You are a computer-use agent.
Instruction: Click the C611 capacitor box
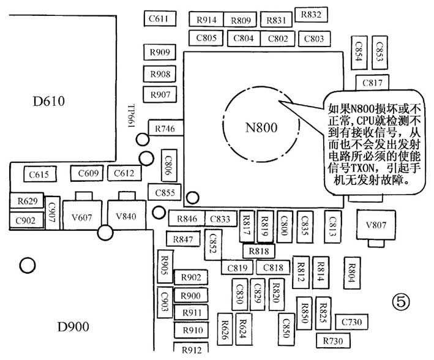[x=160, y=18]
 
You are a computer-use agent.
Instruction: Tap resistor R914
[x=206, y=20]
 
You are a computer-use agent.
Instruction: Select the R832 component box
[x=311, y=15]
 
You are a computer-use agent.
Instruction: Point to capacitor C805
[x=206, y=38]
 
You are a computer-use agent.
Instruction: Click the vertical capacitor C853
[x=380, y=52]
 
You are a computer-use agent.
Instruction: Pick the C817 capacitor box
[x=372, y=83]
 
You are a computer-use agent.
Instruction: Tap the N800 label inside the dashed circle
[x=261, y=127]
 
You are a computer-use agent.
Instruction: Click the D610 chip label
[x=49, y=101]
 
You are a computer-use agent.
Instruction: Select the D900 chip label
[x=73, y=327]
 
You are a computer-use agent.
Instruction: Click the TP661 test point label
[x=131, y=116]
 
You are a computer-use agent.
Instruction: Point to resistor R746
[x=165, y=128]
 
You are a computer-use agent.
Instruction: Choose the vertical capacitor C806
[x=169, y=165]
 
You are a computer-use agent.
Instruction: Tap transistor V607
[x=82, y=214]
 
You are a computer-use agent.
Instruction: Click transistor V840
[x=127, y=214]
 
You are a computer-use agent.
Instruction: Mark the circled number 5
[x=401, y=302]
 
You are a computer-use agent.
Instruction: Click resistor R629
[x=27, y=200]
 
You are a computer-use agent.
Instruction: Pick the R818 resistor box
[x=259, y=251]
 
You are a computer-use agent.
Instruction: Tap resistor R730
[x=333, y=340]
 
